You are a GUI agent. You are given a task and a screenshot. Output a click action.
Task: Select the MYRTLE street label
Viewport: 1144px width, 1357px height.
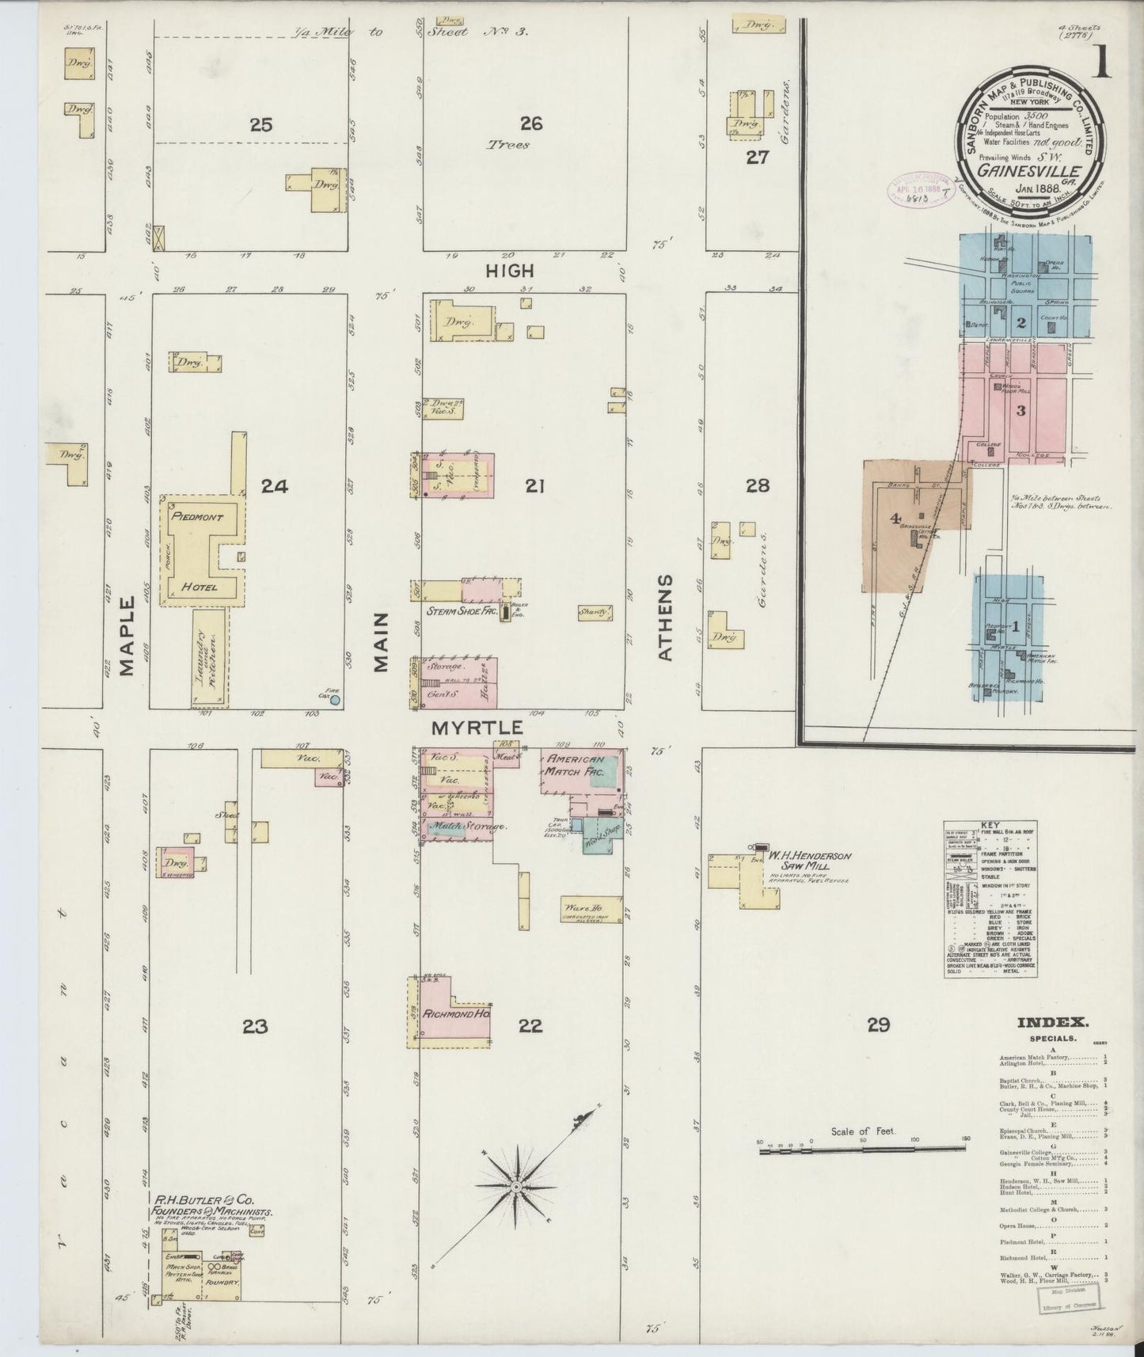coord(477,727)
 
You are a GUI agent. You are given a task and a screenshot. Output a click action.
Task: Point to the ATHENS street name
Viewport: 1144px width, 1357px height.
coord(665,618)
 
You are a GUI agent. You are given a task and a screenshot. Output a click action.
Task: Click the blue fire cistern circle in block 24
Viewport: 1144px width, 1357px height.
coord(335,700)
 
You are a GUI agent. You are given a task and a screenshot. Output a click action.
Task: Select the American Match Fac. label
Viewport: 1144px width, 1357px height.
coord(575,764)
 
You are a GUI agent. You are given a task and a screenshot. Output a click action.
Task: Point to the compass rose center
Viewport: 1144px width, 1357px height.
coord(515,1188)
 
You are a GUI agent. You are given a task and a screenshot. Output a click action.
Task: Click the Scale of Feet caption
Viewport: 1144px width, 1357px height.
coord(863,1131)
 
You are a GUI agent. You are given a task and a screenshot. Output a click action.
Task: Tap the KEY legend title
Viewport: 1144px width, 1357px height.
coord(991,824)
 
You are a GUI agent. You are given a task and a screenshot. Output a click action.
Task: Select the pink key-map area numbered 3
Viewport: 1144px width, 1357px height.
coord(1021,410)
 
